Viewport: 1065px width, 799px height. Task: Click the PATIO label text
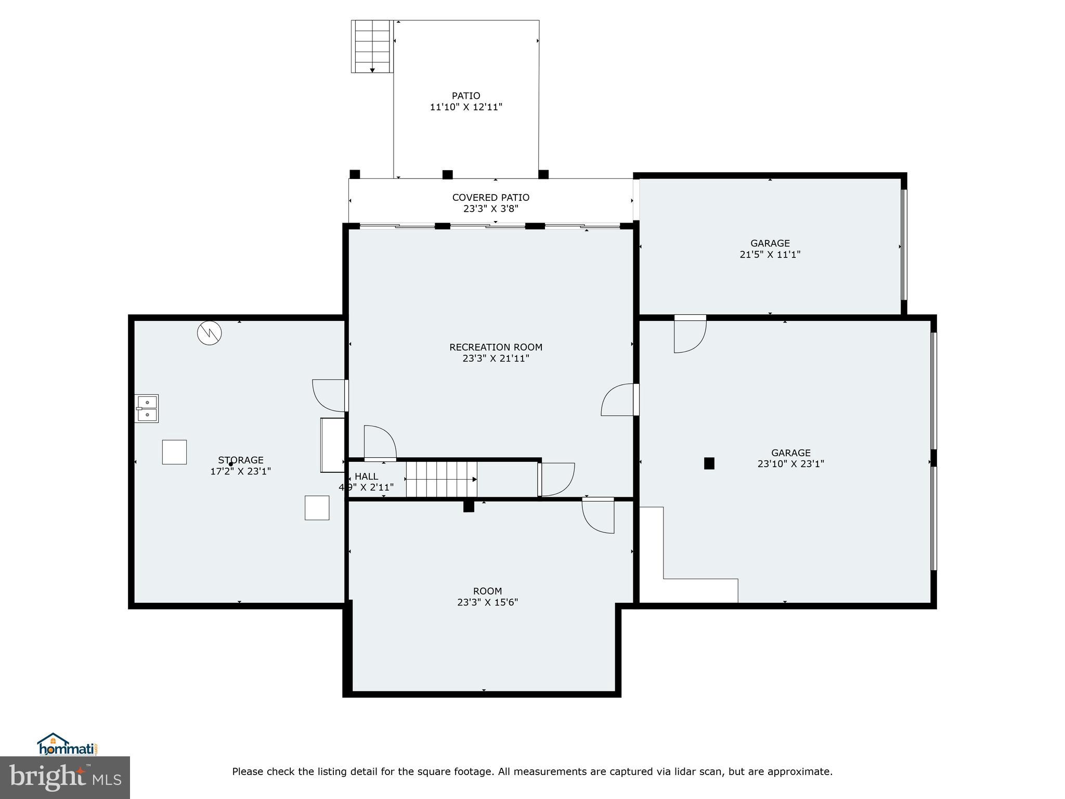pyautogui.click(x=465, y=96)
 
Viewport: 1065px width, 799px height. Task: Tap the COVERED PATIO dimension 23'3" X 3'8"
pyautogui.click(x=490, y=209)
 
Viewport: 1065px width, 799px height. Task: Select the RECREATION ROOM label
pyautogui.click(x=496, y=347)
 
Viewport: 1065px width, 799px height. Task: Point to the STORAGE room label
pyautogui.click(x=240, y=460)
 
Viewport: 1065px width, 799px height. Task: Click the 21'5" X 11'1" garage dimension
pyautogui.click(x=770, y=254)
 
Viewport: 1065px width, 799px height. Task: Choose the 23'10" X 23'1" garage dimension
pyautogui.click(x=790, y=464)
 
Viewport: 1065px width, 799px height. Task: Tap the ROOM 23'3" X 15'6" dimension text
pyautogui.click(x=487, y=602)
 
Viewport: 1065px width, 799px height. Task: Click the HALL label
pyautogui.click(x=366, y=476)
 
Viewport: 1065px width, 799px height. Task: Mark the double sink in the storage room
pyautogui.click(x=147, y=408)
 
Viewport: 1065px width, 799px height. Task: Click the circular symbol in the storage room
pyautogui.click(x=209, y=332)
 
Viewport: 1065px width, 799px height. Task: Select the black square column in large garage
pyautogui.click(x=709, y=463)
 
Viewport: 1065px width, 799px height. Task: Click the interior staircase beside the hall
pyautogui.click(x=441, y=479)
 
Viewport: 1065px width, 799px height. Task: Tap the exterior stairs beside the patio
pyautogui.click(x=371, y=46)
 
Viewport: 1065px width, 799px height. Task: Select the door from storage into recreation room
pyautogui.click(x=330, y=395)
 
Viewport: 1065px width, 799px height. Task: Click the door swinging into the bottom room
pyautogui.click(x=599, y=515)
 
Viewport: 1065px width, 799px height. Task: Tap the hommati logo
pyautogui.click(x=67, y=744)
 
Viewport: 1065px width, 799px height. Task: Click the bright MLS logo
pyautogui.click(x=64, y=777)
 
